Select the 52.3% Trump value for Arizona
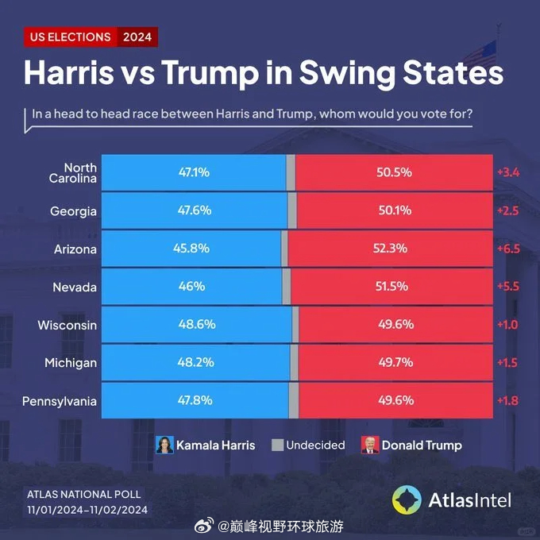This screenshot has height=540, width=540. click(390, 248)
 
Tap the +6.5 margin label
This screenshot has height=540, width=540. click(508, 249)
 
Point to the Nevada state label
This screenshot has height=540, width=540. click(75, 287)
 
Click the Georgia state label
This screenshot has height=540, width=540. click(73, 211)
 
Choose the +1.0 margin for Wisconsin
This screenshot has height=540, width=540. click(508, 325)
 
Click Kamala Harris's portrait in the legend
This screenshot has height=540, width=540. click(164, 445)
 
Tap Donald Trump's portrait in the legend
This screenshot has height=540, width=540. click(370, 445)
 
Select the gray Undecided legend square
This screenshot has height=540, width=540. click(277, 445)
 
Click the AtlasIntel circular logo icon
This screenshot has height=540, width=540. click(407, 499)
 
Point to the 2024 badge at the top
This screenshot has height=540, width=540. click(137, 37)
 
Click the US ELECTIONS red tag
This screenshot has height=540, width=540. click(70, 37)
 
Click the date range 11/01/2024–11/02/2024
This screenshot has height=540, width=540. click(88, 510)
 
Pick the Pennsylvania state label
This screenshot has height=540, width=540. click(60, 401)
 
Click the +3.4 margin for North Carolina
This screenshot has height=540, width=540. click(508, 172)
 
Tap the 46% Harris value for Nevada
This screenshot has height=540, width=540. click(192, 287)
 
